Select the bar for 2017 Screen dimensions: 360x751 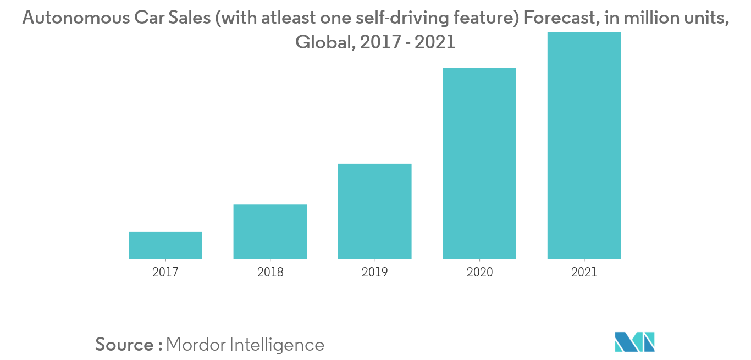165,245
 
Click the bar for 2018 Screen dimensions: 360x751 270,231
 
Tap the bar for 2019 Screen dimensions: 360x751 374,211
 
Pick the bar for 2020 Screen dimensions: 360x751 479,163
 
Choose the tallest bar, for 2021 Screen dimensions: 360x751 584,145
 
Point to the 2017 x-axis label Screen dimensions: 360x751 165,272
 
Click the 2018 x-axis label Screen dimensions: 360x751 270,272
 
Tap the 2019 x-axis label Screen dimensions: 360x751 374,272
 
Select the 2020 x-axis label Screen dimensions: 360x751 479,272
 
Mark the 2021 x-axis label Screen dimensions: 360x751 584,272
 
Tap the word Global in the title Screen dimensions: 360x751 324,42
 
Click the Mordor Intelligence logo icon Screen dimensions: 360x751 635,342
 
